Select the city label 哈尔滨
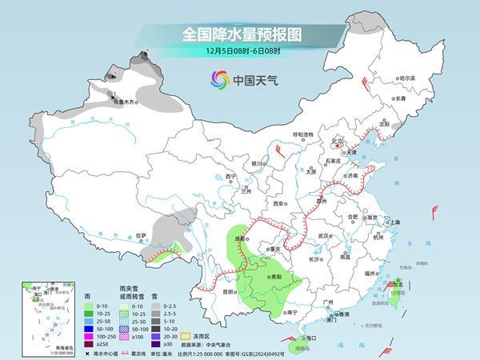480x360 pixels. (x=407, y=78)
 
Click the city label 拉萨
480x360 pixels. (x=142, y=235)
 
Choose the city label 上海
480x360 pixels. (x=394, y=222)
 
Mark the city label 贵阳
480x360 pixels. (x=276, y=275)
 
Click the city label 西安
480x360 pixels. (x=279, y=204)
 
